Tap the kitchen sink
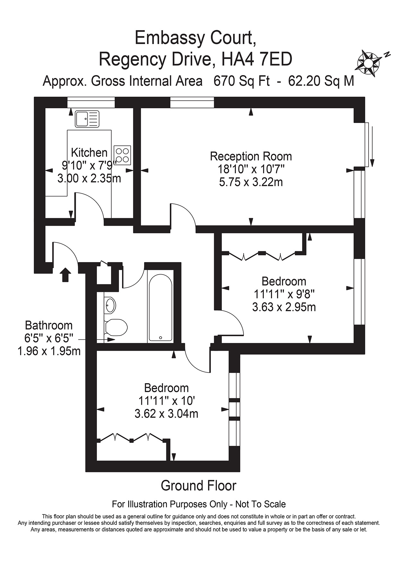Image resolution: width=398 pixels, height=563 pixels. pyautogui.click(x=87, y=119)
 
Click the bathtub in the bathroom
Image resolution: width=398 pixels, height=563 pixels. pyautogui.click(x=160, y=307)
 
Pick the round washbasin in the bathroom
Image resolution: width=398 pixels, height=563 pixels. pyautogui.click(x=110, y=305)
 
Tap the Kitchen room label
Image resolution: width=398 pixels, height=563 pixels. pyautogui.click(x=89, y=153)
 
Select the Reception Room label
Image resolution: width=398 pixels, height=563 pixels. pyautogui.click(x=251, y=156)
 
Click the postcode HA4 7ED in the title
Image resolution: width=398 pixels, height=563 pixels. pyautogui.click(x=257, y=59)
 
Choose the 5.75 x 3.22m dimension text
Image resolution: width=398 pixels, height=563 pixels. pyautogui.click(x=251, y=182)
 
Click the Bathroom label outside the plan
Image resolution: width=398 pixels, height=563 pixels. pyautogui.click(x=49, y=325)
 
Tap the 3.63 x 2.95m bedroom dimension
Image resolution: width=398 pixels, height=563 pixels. pyautogui.click(x=284, y=307)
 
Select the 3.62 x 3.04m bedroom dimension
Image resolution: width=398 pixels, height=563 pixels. pyautogui.click(x=166, y=414)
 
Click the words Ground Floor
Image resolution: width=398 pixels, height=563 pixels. pyautogui.click(x=198, y=486)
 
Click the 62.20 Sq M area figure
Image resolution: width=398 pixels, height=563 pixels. pyautogui.click(x=321, y=81)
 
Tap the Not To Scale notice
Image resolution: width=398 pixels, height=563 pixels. pyautogui.click(x=261, y=504)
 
